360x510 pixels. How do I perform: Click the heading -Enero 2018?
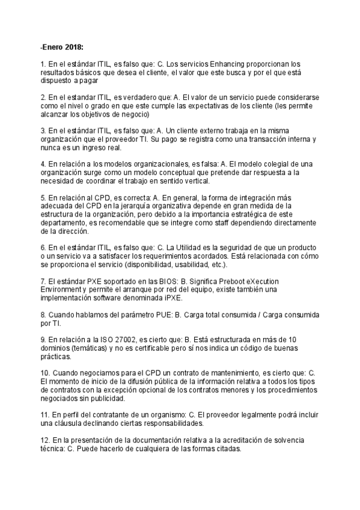pyautogui.click(x=61, y=46)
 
